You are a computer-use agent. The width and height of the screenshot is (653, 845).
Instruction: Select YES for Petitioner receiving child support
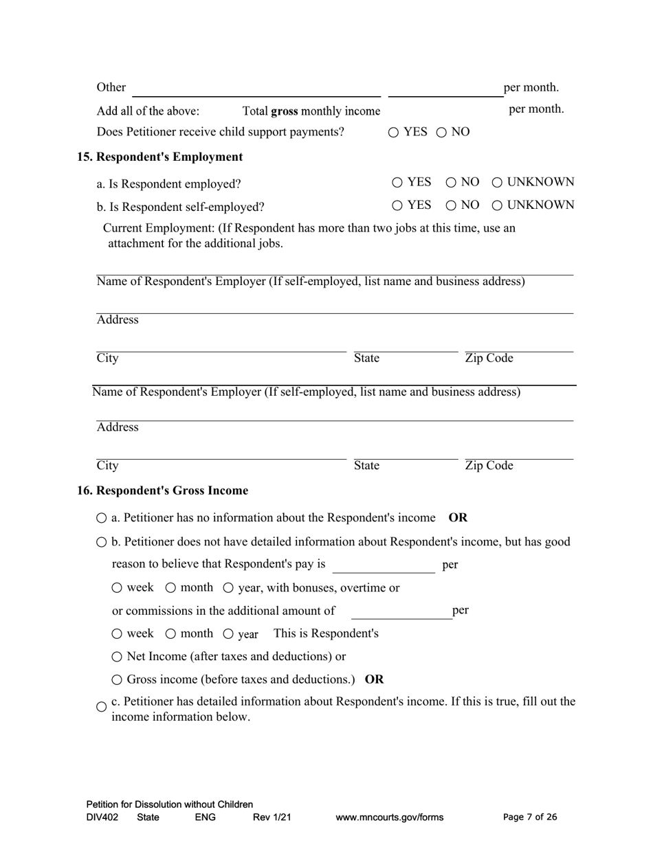[x=393, y=133]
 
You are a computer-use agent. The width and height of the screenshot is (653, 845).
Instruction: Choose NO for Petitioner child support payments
[x=441, y=133]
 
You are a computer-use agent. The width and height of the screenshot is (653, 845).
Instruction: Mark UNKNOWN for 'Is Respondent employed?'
[x=497, y=183]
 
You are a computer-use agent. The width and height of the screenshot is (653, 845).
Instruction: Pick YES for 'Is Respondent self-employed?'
[x=397, y=205]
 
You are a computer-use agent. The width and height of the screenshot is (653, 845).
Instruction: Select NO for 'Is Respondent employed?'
[x=451, y=183]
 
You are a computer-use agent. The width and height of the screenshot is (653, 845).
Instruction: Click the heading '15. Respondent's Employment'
[x=159, y=157]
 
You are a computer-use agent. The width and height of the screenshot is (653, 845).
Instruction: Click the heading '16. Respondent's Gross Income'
[x=162, y=491]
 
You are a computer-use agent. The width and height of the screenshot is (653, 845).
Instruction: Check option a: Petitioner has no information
[x=102, y=518]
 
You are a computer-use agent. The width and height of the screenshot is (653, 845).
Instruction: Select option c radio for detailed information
[x=102, y=707]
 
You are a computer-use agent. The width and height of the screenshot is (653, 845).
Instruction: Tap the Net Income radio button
[x=117, y=657]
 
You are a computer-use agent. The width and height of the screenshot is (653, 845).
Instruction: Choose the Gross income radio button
[x=117, y=680]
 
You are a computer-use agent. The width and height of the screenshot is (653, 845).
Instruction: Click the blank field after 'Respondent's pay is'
[x=383, y=565]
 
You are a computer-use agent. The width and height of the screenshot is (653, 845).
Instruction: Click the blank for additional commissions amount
[x=401, y=611]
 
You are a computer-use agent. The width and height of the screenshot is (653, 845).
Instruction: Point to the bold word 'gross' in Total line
[x=285, y=111]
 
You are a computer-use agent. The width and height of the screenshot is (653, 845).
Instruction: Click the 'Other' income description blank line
[x=256, y=89]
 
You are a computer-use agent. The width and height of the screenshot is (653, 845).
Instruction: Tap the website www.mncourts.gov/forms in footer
[x=389, y=818]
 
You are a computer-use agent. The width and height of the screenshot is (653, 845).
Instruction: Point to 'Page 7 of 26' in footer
[x=530, y=817]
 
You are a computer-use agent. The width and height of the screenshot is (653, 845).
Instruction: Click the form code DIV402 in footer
[x=102, y=818]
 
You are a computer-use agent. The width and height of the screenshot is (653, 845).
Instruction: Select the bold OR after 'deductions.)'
[x=375, y=679]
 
